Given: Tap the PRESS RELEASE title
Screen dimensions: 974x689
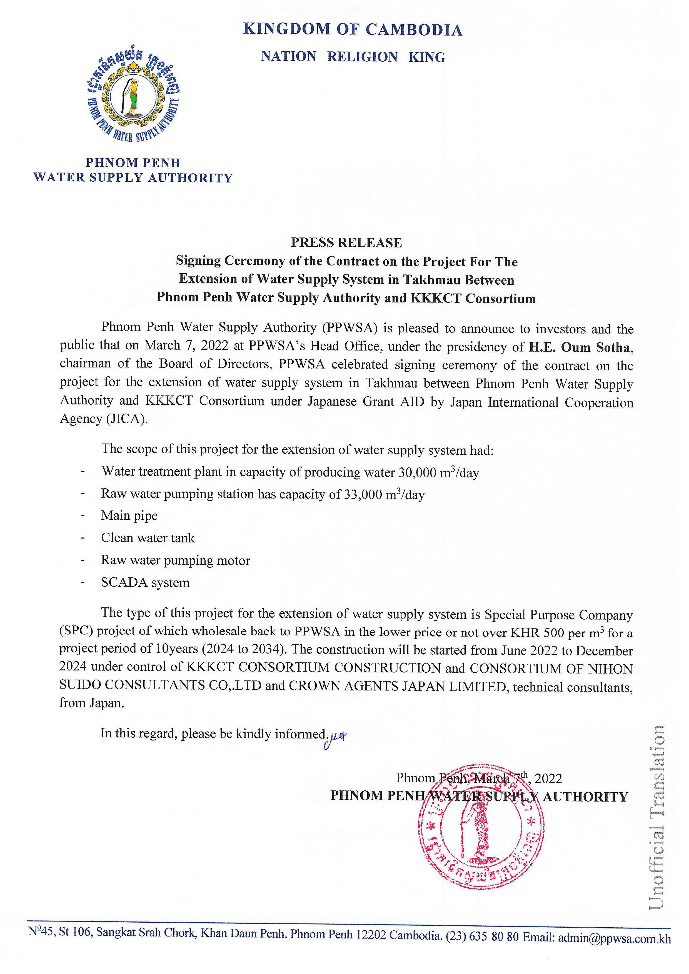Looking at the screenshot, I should pyautogui.click(x=346, y=243).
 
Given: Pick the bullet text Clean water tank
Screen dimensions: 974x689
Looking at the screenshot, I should pyautogui.click(x=148, y=538).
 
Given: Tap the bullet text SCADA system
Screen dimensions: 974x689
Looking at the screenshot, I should pyautogui.click(x=145, y=582).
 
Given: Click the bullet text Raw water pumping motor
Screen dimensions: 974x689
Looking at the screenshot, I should pyautogui.click(x=175, y=560).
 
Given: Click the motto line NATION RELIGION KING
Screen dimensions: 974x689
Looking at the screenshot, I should pyautogui.click(x=353, y=57).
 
